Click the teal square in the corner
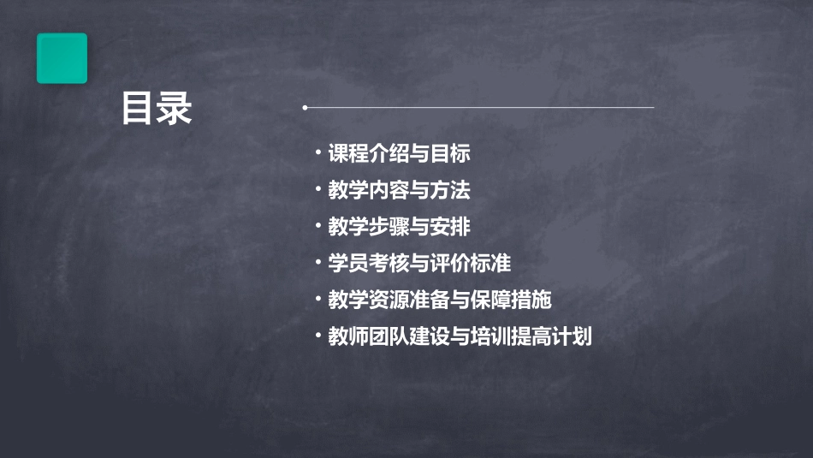(62, 58)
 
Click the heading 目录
(157, 109)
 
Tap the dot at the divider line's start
(305, 108)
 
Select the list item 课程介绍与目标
(399, 154)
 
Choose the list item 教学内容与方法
(399, 190)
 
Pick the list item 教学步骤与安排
(399, 227)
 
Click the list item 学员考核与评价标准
(419, 264)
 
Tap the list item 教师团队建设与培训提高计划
(460, 336)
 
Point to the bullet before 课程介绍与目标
(317, 152)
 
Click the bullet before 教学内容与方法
(317, 188)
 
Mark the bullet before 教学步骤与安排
(317, 225)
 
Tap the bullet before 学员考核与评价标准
(317, 262)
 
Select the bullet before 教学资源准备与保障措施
(317, 298)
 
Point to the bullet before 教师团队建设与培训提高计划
(317, 335)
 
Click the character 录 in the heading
(175, 109)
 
